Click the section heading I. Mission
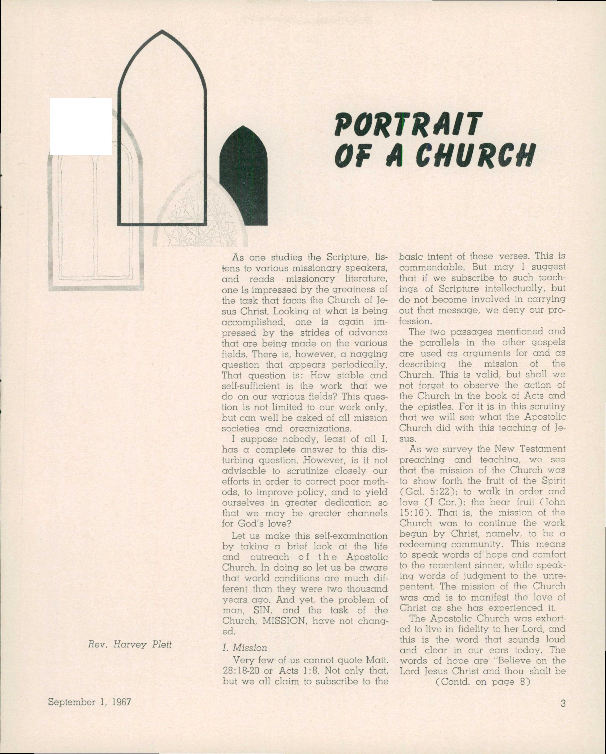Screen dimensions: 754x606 245,648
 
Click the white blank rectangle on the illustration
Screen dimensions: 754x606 81,126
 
